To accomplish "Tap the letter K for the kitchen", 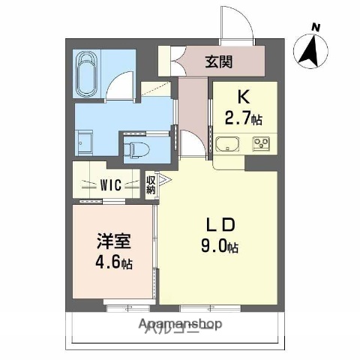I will click(x=243, y=97).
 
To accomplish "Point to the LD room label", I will click(x=222, y=224).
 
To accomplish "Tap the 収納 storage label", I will click(x=150, y=184).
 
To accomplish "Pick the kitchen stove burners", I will click(x=262, y=142).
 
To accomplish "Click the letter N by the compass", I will click(x=316, y=28).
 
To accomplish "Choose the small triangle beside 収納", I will click(x=160, y=180).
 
